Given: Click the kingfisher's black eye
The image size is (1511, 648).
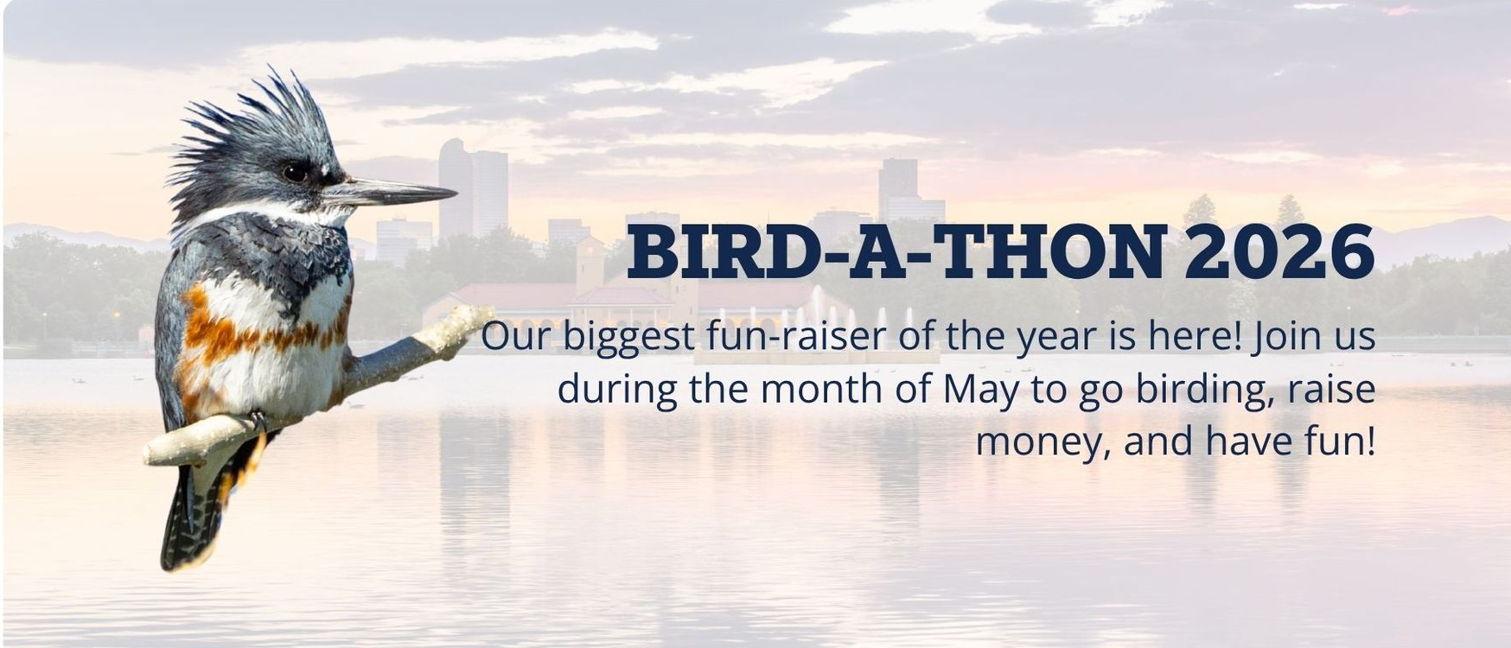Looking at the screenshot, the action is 296,172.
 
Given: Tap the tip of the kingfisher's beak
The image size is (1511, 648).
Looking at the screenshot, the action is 456,192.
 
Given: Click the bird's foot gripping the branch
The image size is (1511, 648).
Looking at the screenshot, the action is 258,422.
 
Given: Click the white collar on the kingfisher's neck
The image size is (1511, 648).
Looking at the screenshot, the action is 259,213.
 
